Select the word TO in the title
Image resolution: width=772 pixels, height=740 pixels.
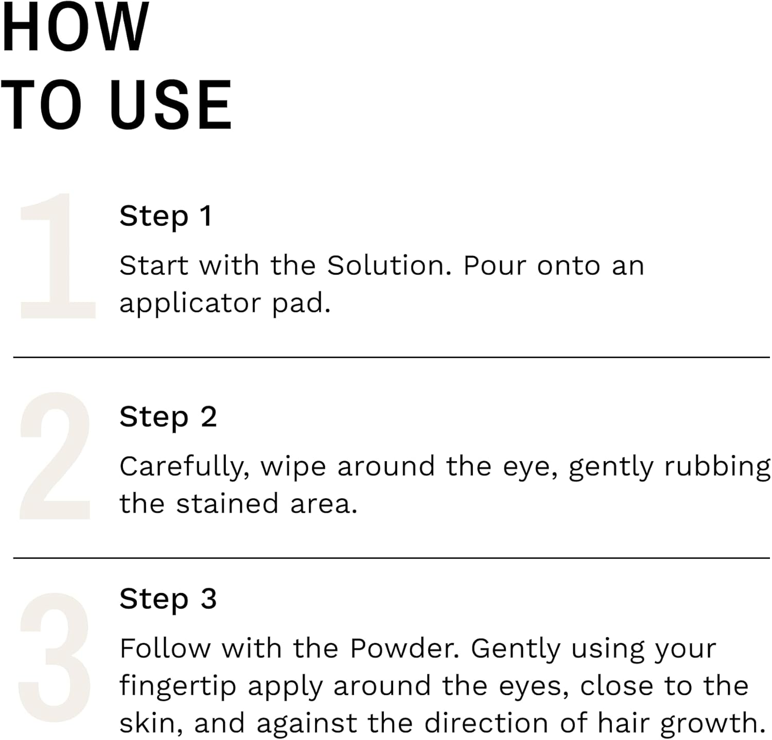click(x=41, y=105)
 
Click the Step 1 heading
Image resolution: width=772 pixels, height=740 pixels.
click(x=166, y=216)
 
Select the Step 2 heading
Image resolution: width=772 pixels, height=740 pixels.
click(x=168, y=417)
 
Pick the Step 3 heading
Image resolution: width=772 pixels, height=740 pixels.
click(x=168, y=599)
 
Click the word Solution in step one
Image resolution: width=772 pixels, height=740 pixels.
click(x=389, y=266)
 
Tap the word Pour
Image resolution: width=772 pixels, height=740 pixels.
click(x=495, y=266)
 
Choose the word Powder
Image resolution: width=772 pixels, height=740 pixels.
click(x=405, y=648)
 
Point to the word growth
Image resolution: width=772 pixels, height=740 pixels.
click(x=713, y=724)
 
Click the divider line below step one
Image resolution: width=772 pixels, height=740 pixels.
click(x=391, y=357)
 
